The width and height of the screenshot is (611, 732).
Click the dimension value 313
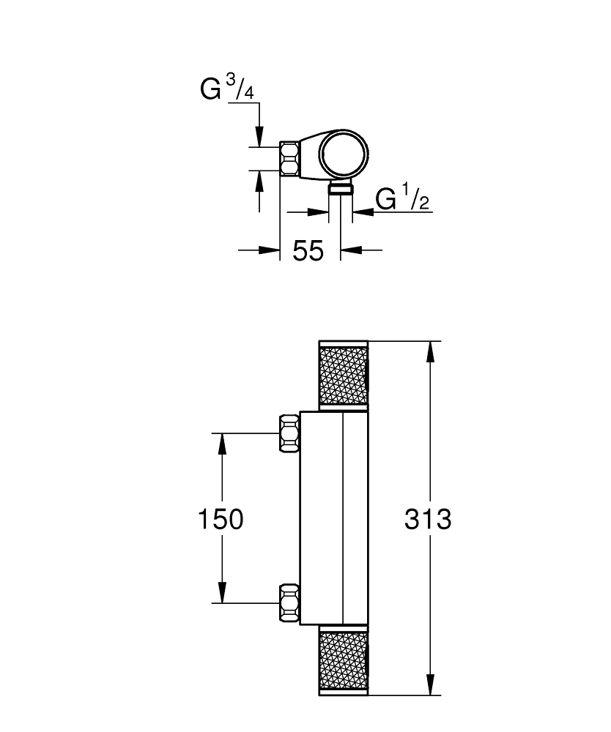[429, 520]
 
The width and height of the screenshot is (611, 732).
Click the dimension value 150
[221, 520]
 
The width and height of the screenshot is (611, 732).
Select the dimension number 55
[308, 251]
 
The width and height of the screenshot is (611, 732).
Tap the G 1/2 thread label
[401, 199]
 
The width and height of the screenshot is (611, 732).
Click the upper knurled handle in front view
[343, 374]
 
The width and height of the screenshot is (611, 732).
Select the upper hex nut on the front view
[289, 433]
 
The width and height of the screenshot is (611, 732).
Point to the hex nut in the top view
[289, 158]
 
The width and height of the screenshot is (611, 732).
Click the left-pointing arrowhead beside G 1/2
[363, 213]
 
